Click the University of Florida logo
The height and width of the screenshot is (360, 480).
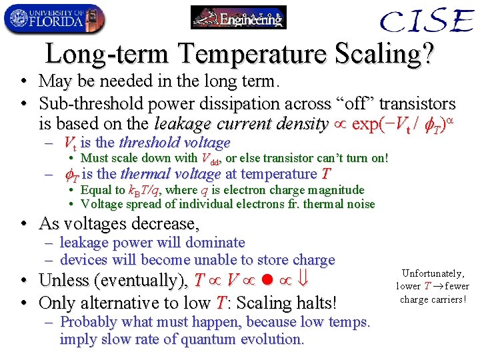(53, 18)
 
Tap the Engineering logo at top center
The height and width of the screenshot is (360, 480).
(238, 18)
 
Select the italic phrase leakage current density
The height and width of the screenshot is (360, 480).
(241, 124)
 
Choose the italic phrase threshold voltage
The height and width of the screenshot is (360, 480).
(175, 143)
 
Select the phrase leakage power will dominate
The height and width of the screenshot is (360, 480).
(153, 243)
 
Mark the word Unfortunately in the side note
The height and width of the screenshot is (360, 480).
(433, 273)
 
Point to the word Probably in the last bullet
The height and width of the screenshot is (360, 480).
(87, 322)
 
